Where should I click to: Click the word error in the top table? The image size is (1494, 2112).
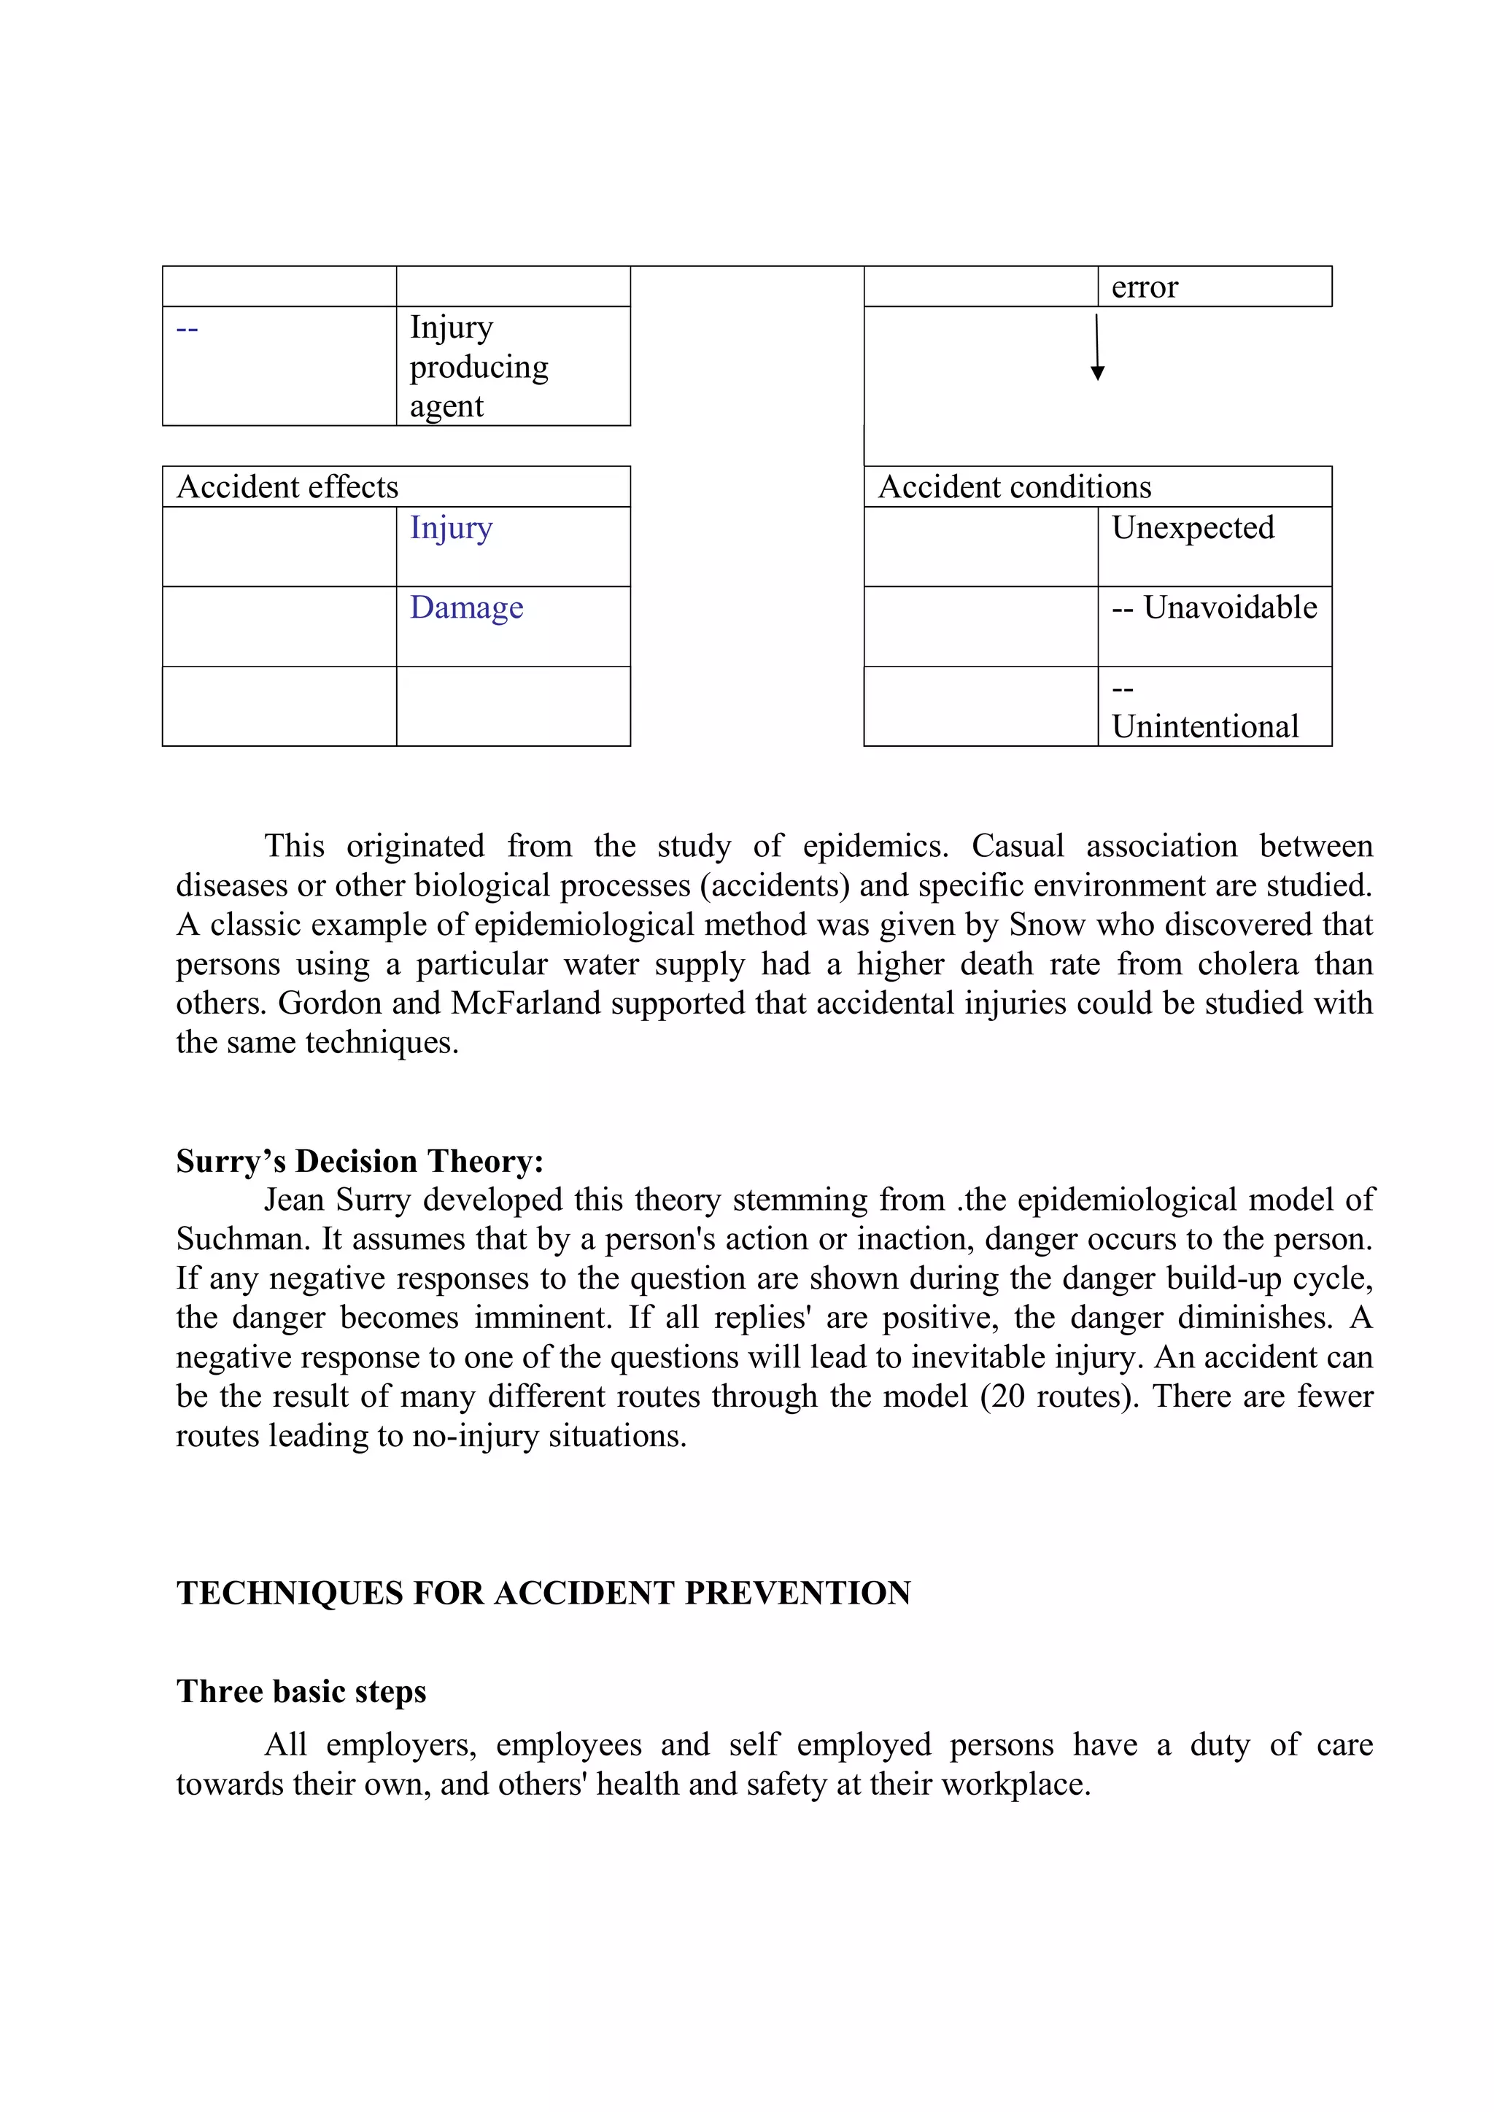pyautogui.click(x=1144, y=288)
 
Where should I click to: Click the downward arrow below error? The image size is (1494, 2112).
pyautogui.click(x=1096, y=349)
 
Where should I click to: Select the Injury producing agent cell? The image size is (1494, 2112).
pyautogui.click(x=479, y=366)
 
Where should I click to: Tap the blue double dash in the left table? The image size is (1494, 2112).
pyautogui.click(x=187, y=328)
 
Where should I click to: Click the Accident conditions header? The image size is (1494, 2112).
pyautogui.click(x=1014, y=486)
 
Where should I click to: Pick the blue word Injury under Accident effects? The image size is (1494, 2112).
pyautogui.click(x=451, y=528)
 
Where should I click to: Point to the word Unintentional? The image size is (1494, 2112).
pyautogui.click(x=1204, y=726)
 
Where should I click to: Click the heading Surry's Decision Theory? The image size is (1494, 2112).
pyautogui.click(x=360, y=1161)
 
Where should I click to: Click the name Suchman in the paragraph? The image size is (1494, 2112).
pyautogui.click(x=243, y=1240)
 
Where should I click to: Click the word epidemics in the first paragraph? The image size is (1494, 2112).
pyautogui.click(x=874, y=846)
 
